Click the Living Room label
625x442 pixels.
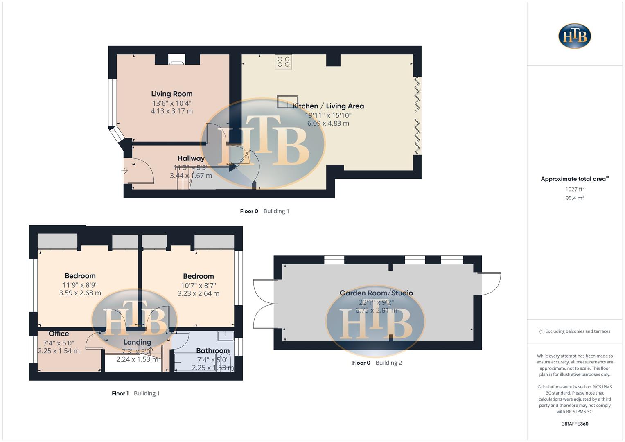(171, 94)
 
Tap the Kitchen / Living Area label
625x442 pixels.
(328, 106)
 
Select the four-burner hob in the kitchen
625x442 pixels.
(283, 62)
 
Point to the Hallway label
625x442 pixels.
(191, 158)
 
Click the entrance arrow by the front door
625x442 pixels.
(124, 171)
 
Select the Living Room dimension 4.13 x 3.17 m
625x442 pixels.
(171, 111)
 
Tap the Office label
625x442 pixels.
(59, 334)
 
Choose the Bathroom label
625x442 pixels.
(212, 350)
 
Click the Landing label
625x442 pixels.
(137, 342)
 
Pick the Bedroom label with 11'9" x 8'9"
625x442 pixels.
(80, 276)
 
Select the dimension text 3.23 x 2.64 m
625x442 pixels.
(198, 293)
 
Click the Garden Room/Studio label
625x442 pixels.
(376, 293)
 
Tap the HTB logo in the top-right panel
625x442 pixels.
(575, 36)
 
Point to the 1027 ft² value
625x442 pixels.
(574, 189)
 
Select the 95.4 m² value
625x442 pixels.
(574, 198)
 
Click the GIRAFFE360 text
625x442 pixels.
(574, 424)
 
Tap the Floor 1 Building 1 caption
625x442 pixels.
(135, 393)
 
